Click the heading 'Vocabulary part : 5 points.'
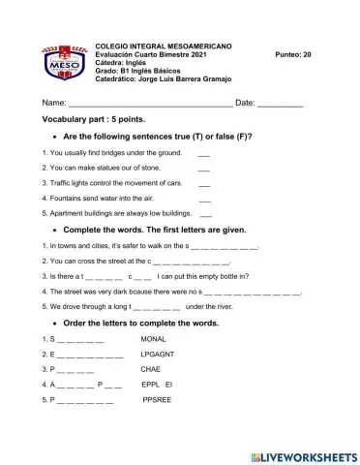(x=93, y=119)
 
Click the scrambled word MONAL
(x=154, y=339)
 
